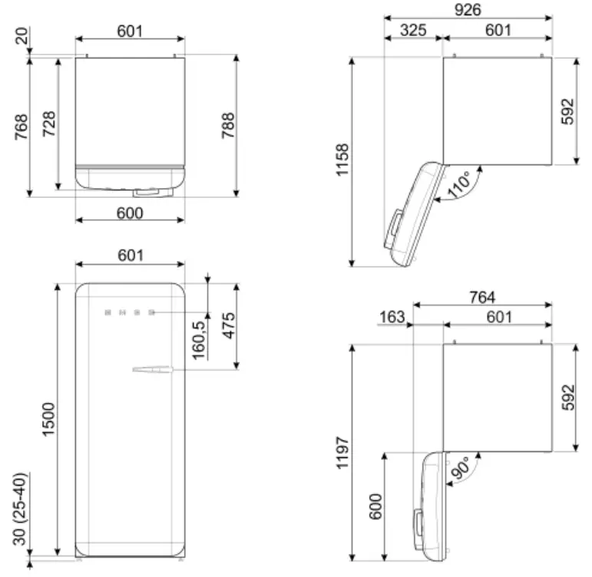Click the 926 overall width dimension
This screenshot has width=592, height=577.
click(467, 9)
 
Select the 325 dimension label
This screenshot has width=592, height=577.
click(414, 30)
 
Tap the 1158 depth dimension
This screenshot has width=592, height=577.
click(342, 160)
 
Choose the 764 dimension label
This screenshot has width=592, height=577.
click(482, 297)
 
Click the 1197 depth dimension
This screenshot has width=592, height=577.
click(342, 454)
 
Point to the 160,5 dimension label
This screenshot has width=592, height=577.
click(198, 340)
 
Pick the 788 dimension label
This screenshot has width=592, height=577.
click(228, 125)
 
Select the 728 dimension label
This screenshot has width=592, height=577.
click(48, 123)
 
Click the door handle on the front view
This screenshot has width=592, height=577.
click(154, 371)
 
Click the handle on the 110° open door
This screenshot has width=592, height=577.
click(394, 228)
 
